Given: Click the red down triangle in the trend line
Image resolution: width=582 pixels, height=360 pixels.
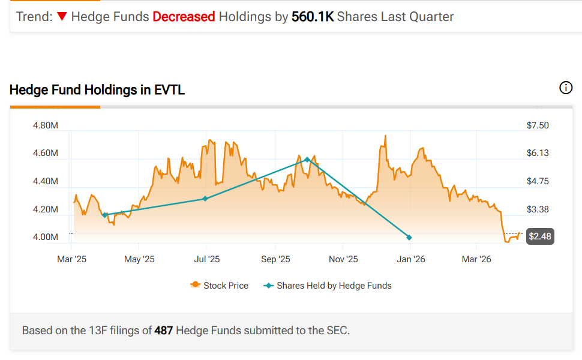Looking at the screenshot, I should click(61, 17).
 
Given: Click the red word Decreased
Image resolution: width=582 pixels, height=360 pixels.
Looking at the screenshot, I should click(184, 17).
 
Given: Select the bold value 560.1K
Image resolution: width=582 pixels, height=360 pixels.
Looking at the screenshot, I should click(313, 17).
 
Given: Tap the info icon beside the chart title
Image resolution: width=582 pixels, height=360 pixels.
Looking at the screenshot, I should click(566, 88).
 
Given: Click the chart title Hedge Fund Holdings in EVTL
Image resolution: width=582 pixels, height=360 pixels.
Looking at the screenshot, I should click(97, 90).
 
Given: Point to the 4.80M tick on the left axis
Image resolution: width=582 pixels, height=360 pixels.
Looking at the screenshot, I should click(45, 125).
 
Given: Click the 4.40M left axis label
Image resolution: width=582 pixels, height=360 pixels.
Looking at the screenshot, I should click(45, 181).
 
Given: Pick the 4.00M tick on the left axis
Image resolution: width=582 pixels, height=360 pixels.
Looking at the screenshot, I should click(45, 237).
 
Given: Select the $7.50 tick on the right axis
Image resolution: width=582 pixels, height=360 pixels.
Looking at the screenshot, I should click(538, 125).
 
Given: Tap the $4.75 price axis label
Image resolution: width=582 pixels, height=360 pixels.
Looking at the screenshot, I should click(538, 181).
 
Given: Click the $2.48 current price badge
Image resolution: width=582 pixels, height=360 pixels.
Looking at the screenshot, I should click(539, 236).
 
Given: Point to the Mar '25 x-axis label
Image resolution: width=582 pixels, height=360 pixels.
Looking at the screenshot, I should click(71, 259).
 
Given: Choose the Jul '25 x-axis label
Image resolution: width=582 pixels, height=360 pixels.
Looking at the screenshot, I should click(206, 259).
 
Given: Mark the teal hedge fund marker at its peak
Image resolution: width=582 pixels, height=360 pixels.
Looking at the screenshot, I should click(307, 160).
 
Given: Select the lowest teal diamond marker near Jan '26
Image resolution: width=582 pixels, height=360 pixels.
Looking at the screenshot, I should click(409, 238).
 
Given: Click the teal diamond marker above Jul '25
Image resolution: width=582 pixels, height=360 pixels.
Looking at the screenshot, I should click(205, 199).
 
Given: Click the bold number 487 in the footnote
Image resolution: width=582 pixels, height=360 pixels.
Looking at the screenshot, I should click(164, 330).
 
